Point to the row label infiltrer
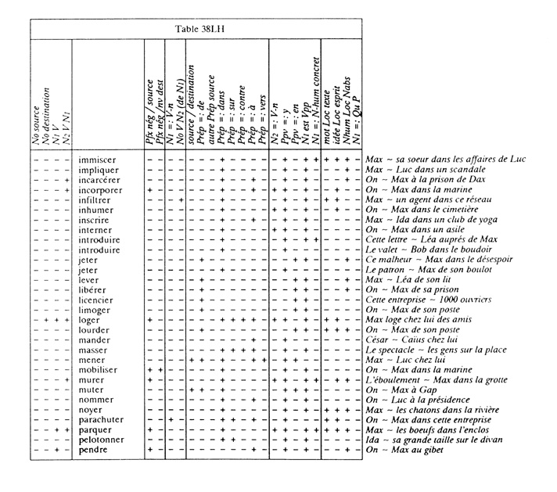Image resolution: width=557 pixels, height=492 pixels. [x=96, y=199]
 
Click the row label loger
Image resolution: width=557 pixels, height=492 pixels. [x=89, y=320]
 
